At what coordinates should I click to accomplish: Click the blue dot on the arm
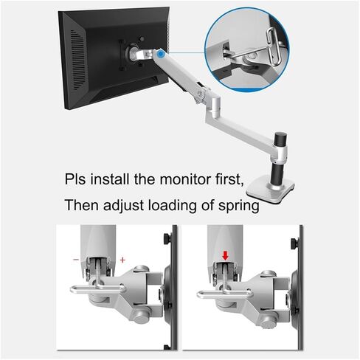[161, 53]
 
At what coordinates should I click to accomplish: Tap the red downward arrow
[225, 256]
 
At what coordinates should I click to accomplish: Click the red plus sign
[122, 260]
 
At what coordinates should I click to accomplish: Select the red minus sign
[76, 260]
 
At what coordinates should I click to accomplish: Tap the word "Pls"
[75, 179]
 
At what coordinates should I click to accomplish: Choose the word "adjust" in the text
[123, 206]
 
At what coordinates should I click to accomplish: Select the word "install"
[110, 179]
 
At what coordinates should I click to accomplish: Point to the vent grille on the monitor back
[78, 60]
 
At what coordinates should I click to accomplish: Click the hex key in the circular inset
[274, 46]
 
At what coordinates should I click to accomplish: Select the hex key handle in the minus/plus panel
[98, 288]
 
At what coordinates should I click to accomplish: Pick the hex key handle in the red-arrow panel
[225, 293]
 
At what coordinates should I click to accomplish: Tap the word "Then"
[81, 205]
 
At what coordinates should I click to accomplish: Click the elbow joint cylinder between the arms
[216, 106]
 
